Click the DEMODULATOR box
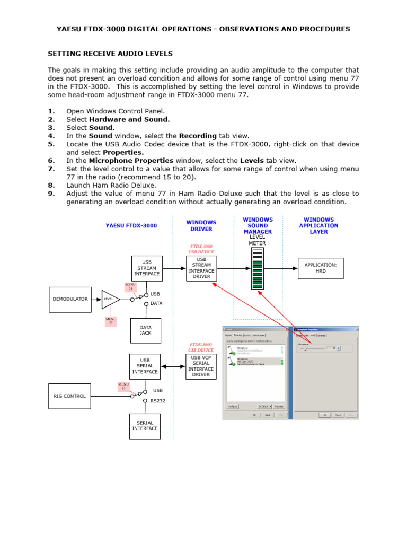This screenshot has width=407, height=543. point(70,299)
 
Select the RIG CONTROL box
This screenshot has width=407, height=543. point(70,396)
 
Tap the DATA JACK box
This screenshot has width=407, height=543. point(145,330)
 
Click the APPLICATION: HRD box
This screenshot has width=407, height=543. point(321,267)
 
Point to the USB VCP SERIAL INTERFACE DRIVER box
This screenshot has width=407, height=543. point(201,366)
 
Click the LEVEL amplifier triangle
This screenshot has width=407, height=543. point(110,299)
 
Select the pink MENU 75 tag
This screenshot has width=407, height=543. point(130,287)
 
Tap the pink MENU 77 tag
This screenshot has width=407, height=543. point(111,321)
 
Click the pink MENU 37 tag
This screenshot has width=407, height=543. point(123,387)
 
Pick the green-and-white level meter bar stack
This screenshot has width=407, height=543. point(258,268)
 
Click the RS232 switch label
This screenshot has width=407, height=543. point(158,401)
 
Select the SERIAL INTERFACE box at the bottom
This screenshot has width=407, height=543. point(145,425)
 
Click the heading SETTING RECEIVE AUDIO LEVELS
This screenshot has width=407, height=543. point(110,54)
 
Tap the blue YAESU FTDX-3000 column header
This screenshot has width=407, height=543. point(131,225)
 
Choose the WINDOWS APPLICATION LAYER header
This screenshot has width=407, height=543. point(318,225)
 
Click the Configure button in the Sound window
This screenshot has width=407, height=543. point(233,406)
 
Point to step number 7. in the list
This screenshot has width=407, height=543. point(51,169)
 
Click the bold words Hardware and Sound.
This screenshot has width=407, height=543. point(125,119)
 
